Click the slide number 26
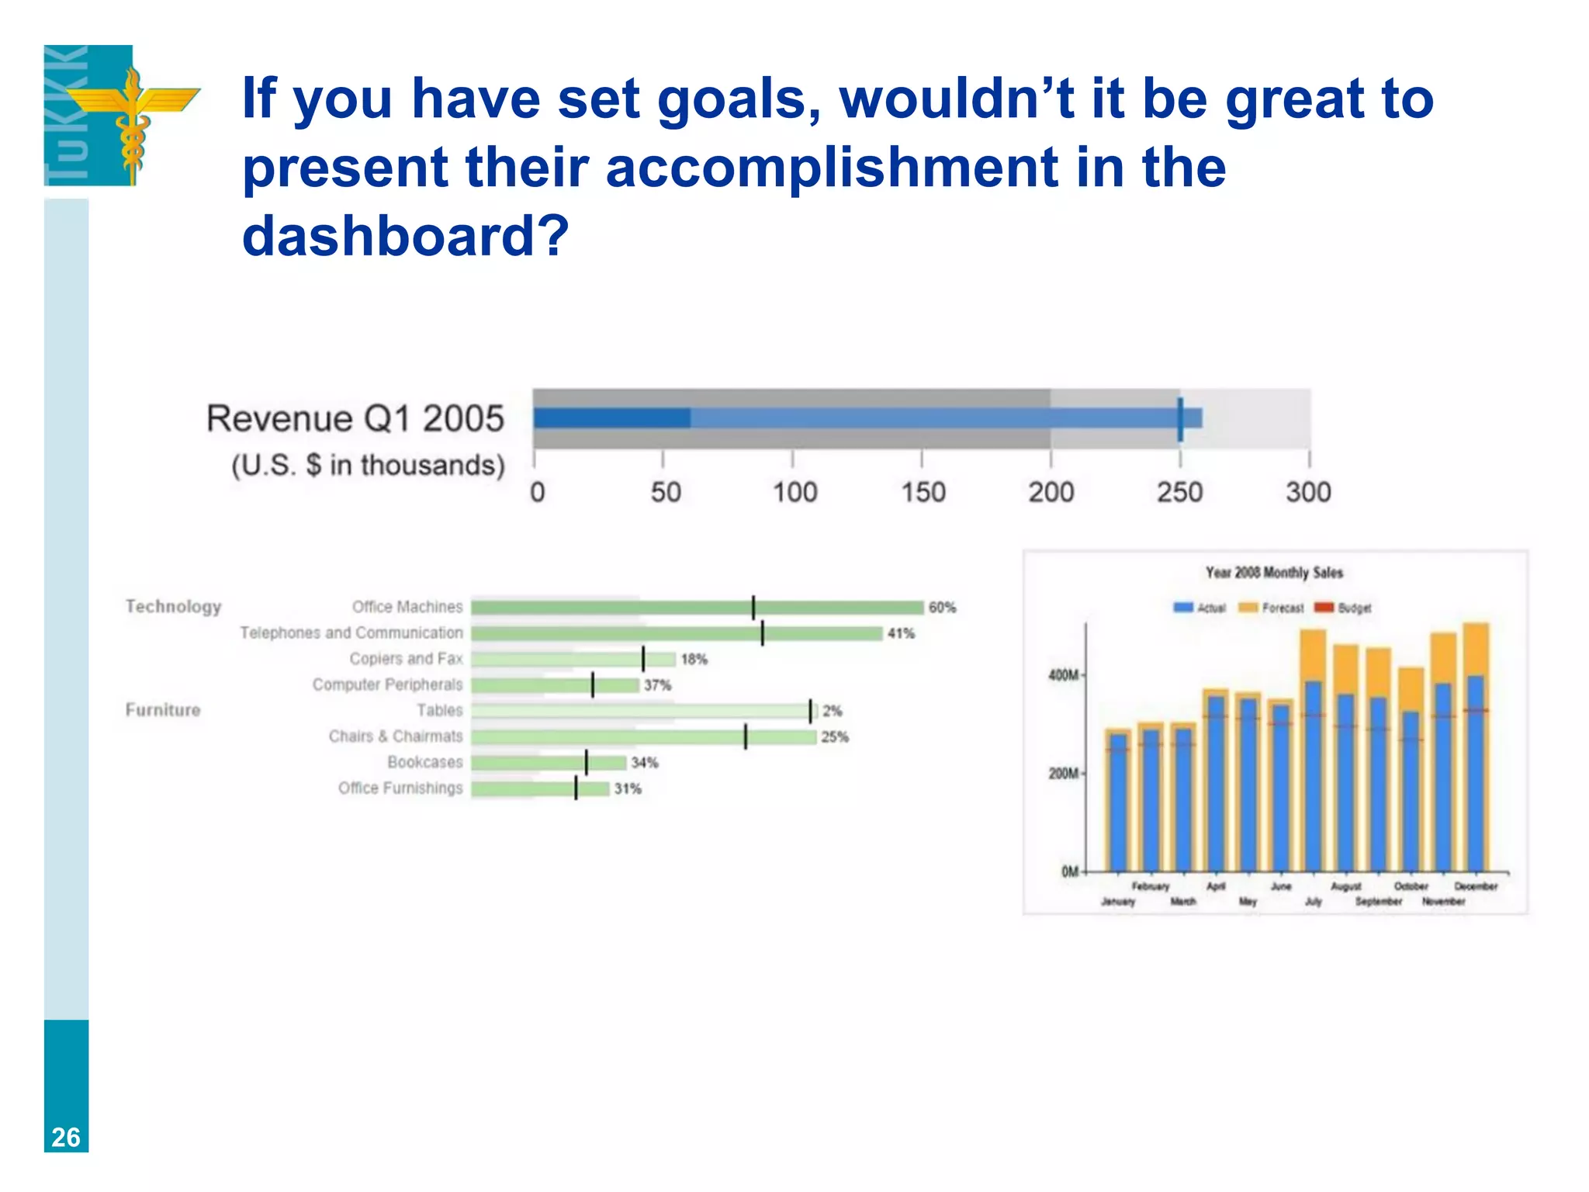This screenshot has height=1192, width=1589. tap(66, 1137)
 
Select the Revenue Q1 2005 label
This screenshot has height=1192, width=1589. tap(355, 419)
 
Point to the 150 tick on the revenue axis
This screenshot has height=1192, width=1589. tap(923, 492)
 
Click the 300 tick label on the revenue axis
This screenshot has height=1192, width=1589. tap(1308, 492)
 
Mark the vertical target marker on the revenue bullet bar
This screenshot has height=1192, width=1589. tap(1180, 419)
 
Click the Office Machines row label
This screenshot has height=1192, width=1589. tap(407, 607)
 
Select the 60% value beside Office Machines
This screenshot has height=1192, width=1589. tap(942, 608)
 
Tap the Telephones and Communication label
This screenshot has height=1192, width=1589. tap(351, 632)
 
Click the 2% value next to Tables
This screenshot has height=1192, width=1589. tap(832, 711)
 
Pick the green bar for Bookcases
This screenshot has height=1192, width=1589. tap(548, 763)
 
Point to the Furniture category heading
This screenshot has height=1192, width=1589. tap(163, 710)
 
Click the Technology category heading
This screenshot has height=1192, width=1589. tap(174, 607)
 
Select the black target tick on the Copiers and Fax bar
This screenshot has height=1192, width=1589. tap(643, 659)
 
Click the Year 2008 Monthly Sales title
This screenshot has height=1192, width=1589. tap(1274, 573)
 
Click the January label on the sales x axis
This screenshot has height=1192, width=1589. tap(1118, 902)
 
